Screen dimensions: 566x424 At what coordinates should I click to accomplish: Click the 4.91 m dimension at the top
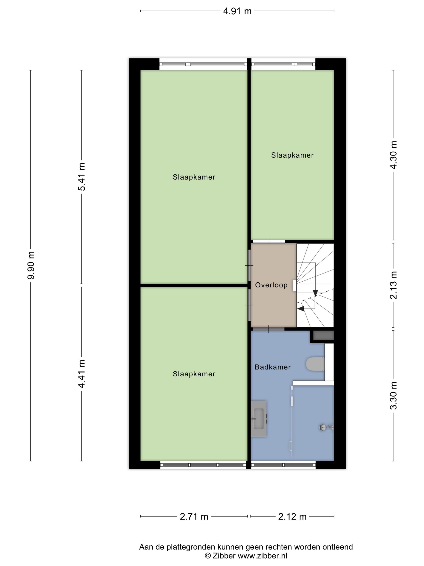click(237, 11)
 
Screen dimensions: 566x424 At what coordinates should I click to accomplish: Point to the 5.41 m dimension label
click(82, 176)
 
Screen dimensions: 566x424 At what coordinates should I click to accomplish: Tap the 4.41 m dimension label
click(82, 374)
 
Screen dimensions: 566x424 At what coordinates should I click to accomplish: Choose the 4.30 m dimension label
click(394, 155)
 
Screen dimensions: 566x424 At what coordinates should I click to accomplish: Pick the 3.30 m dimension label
click(394, 395)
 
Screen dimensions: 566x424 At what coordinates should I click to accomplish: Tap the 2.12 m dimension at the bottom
click(292, 517)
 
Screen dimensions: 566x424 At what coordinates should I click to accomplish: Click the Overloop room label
click(271, 285)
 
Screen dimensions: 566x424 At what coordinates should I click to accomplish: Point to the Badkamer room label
click(272, 367)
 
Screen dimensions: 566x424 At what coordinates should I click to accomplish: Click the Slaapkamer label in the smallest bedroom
click(292, 155)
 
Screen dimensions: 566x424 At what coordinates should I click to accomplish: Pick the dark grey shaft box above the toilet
click(323, 335)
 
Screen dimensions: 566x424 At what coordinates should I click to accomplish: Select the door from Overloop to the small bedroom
click(269, 242)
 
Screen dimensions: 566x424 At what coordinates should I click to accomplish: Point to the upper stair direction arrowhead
click(315, 293)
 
